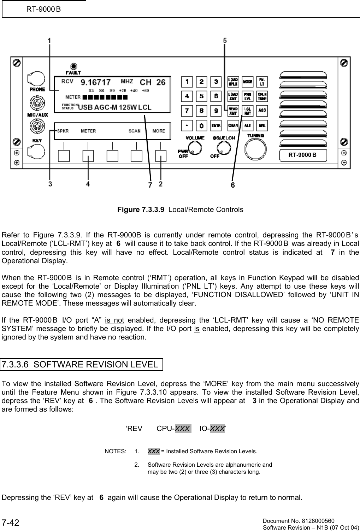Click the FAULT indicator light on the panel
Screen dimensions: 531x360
point(74,66)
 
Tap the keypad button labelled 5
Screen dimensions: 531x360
point(201,96)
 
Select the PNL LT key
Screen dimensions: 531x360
point(262,82)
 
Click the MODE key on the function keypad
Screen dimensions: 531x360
point(247,82)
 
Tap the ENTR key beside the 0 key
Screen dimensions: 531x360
point(216,125)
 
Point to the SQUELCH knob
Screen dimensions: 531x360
point(222,148)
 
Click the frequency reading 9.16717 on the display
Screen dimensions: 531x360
point(96,82)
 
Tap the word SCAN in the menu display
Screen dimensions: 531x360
point(134,131)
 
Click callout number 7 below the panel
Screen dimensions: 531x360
point(150,185)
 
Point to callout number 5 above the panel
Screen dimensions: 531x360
point(225,41)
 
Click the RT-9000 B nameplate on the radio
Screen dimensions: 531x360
point(302,155)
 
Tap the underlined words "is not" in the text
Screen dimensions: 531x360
point(114,320)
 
